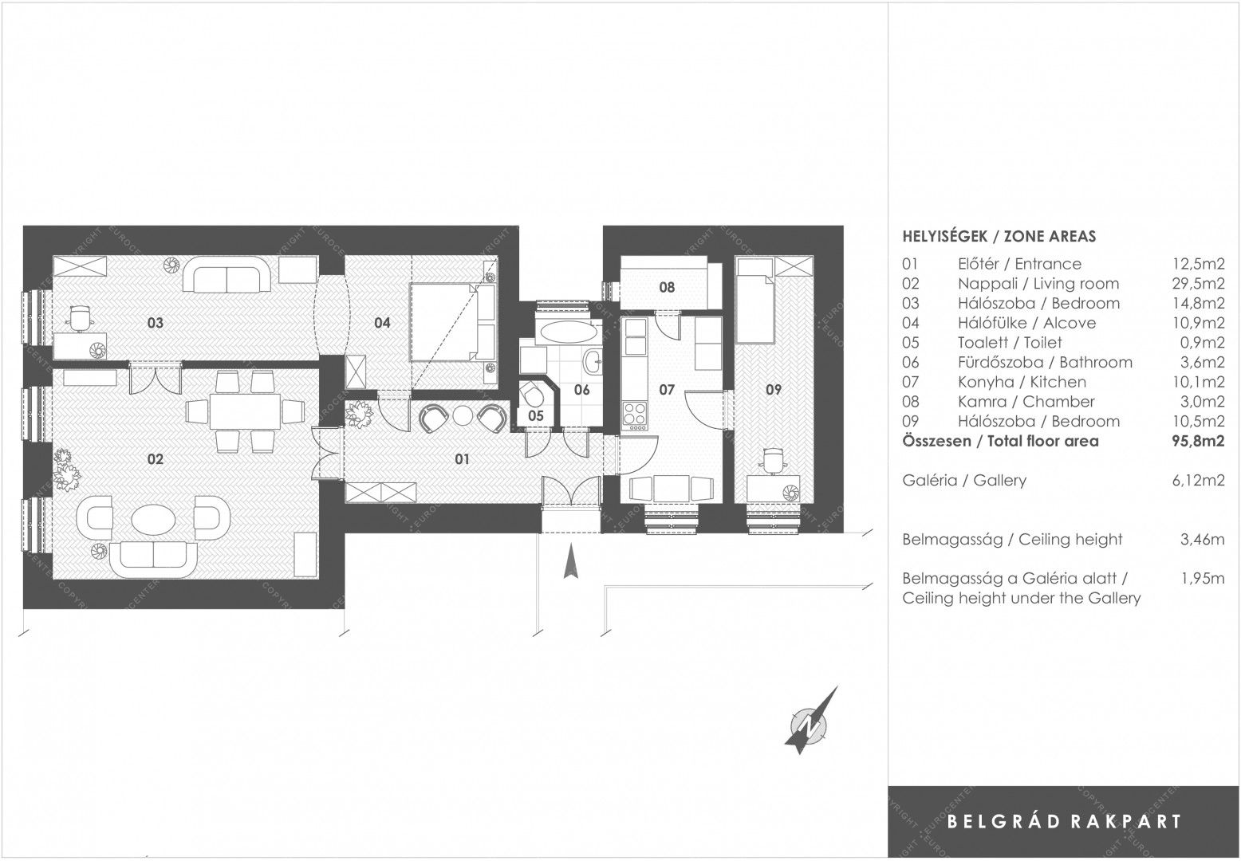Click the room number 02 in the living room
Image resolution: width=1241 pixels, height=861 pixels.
155,458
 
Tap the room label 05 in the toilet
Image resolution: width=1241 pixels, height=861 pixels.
535,416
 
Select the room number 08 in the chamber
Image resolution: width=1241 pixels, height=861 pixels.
667,287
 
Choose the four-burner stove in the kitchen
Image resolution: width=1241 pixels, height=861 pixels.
636,413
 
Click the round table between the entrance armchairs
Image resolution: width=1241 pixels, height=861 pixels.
463,415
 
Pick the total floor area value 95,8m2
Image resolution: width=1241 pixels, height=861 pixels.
1193,441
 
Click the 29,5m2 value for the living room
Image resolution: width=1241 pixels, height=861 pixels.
1193,284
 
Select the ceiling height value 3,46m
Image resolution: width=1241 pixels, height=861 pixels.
1201,540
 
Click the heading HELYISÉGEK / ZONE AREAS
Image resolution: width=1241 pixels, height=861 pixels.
999,236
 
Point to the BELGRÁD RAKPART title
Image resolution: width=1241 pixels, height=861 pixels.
1064,821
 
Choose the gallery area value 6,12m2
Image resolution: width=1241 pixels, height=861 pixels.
1194,481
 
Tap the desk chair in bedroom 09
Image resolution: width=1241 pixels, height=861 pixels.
773,459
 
